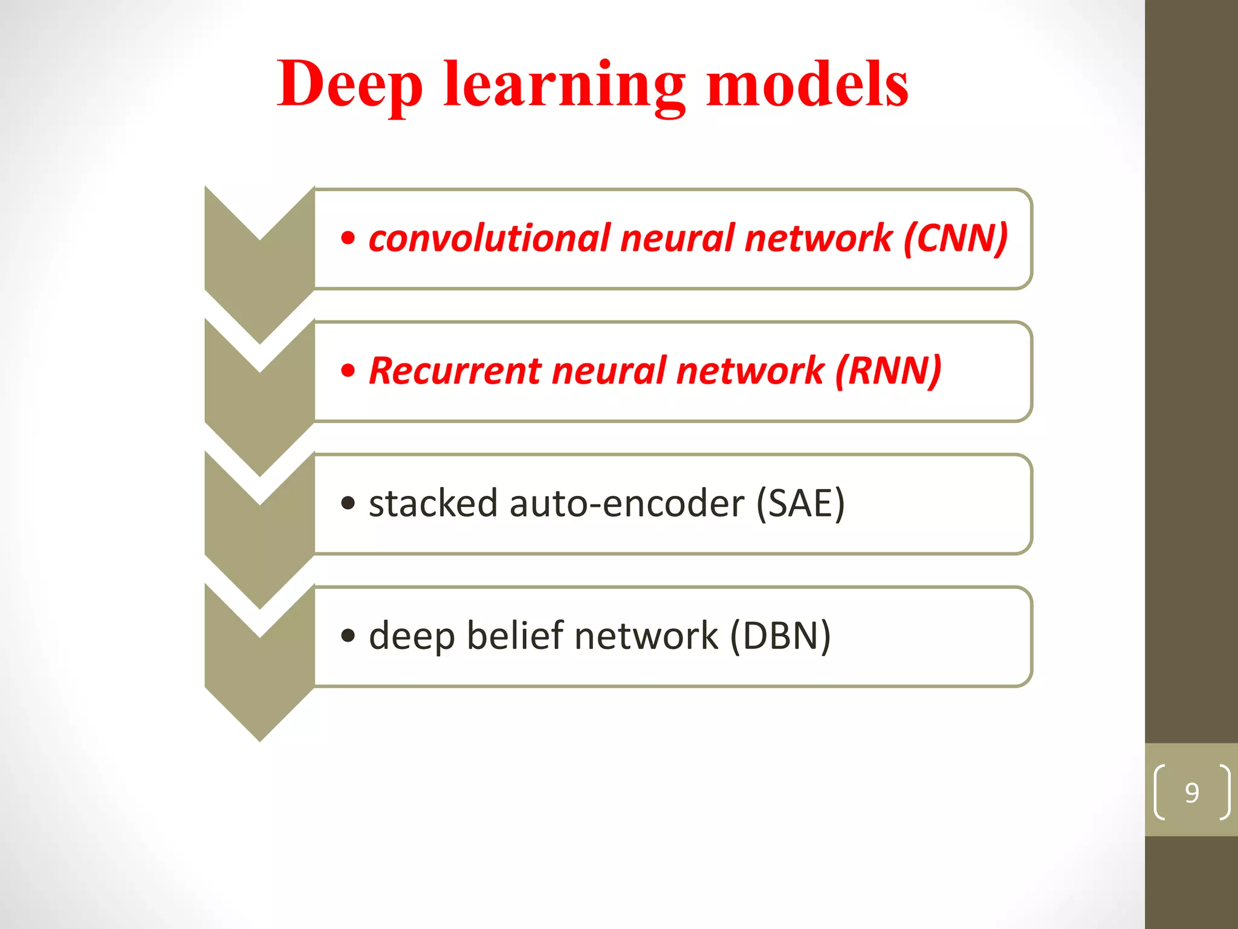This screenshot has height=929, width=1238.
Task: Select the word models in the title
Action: (806, 85)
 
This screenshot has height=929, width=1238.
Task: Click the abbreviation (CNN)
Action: (955, 238)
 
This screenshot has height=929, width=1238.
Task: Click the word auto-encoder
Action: (626, 503)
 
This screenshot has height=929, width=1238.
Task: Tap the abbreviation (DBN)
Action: (780, 636)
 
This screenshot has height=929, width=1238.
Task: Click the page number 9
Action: (1191, 792)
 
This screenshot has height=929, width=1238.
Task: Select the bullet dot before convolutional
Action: (348, 238)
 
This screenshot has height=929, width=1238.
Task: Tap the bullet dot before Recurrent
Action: (348, 371)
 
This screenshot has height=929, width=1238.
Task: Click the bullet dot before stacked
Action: (348, 503)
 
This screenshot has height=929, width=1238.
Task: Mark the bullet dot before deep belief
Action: (348, 636)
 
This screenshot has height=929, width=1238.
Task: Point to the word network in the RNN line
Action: (750, 370)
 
